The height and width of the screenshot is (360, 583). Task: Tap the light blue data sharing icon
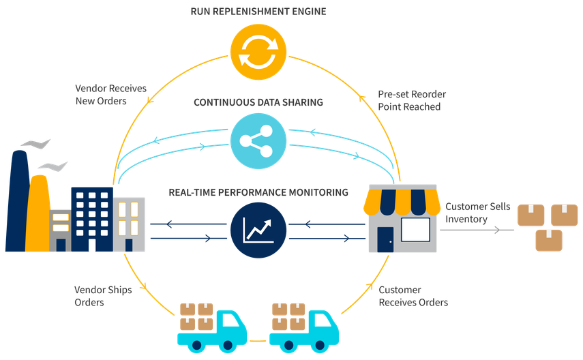click(257, 142)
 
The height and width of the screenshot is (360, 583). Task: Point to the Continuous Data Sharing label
click(258, 102)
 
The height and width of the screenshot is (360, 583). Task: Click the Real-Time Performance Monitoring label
click(258, 192)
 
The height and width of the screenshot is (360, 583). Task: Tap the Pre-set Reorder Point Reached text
click(412, 100)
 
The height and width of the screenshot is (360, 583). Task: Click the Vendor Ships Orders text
click(103, 296)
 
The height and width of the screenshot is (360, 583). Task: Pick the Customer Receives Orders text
click(414, 296)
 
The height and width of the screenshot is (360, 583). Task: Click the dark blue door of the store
click(385, 239)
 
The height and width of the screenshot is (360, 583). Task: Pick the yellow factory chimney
click(40, 211)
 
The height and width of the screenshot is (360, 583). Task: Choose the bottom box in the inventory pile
click(549, 240)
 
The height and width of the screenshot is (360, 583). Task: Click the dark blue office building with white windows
click(91, 218)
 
